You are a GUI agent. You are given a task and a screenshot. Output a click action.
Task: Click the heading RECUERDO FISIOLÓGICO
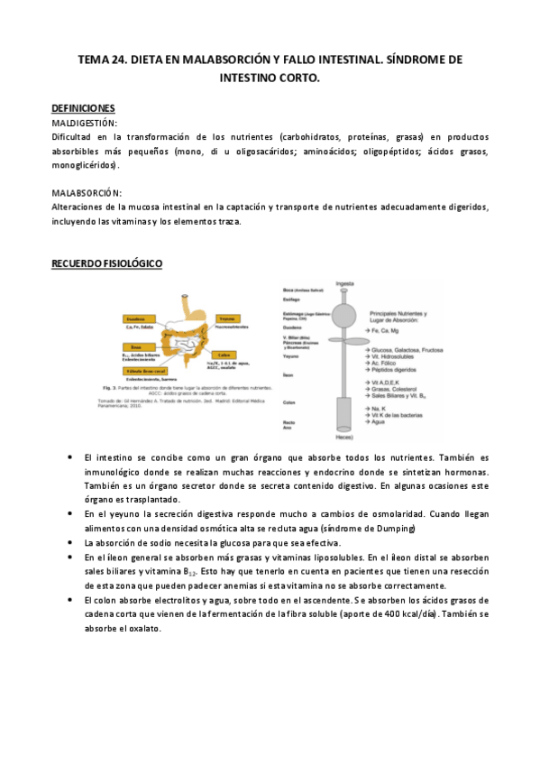(106, 263)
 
